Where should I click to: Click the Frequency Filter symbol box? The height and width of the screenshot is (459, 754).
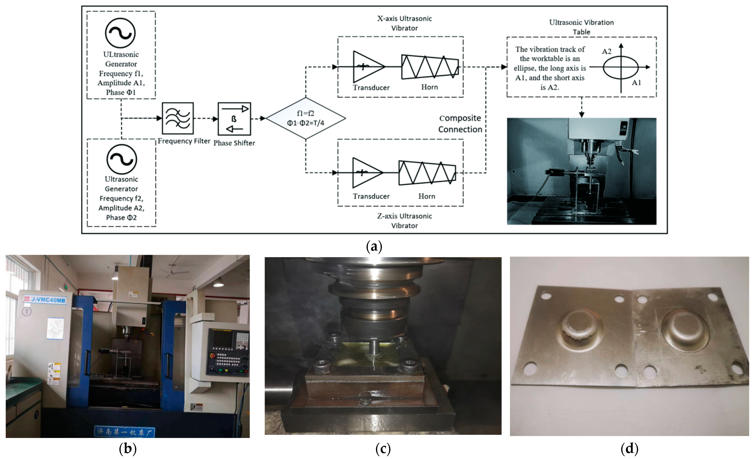[x=177, y=118]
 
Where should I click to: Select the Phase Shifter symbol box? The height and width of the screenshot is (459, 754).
[x=234, y=119]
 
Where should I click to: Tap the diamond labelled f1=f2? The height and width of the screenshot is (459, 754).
[x=305, y=118]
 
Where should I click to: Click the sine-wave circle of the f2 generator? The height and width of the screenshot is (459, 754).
[x=121, y=159]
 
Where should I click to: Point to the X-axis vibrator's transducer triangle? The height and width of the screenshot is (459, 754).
[x=367, y=67]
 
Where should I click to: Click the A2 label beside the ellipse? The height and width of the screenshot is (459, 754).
[x=607, y=51]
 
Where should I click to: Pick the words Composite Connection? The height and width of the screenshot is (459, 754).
[x=460, y=124]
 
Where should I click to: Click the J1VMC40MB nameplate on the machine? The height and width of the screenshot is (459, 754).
[x=45, y=300]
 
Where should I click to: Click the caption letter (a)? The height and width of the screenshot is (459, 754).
[x=374, y=246]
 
